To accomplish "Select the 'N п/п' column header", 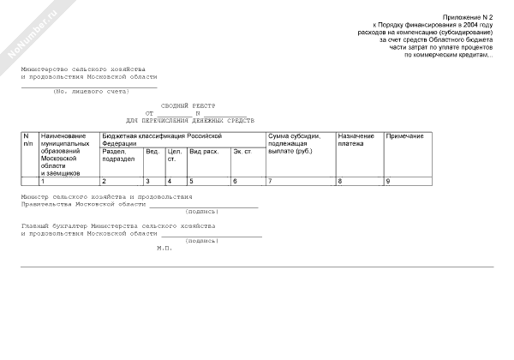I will [28, 140].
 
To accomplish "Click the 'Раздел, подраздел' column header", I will [119, 155].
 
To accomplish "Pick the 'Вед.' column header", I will [152, 152].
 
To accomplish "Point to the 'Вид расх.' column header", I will [204, 152].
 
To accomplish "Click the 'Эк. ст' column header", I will [242, 152].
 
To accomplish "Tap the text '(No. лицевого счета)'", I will [90, 91].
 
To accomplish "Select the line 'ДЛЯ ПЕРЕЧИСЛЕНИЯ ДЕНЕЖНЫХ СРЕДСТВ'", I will [190, 121].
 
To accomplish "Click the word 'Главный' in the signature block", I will [36, 226].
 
